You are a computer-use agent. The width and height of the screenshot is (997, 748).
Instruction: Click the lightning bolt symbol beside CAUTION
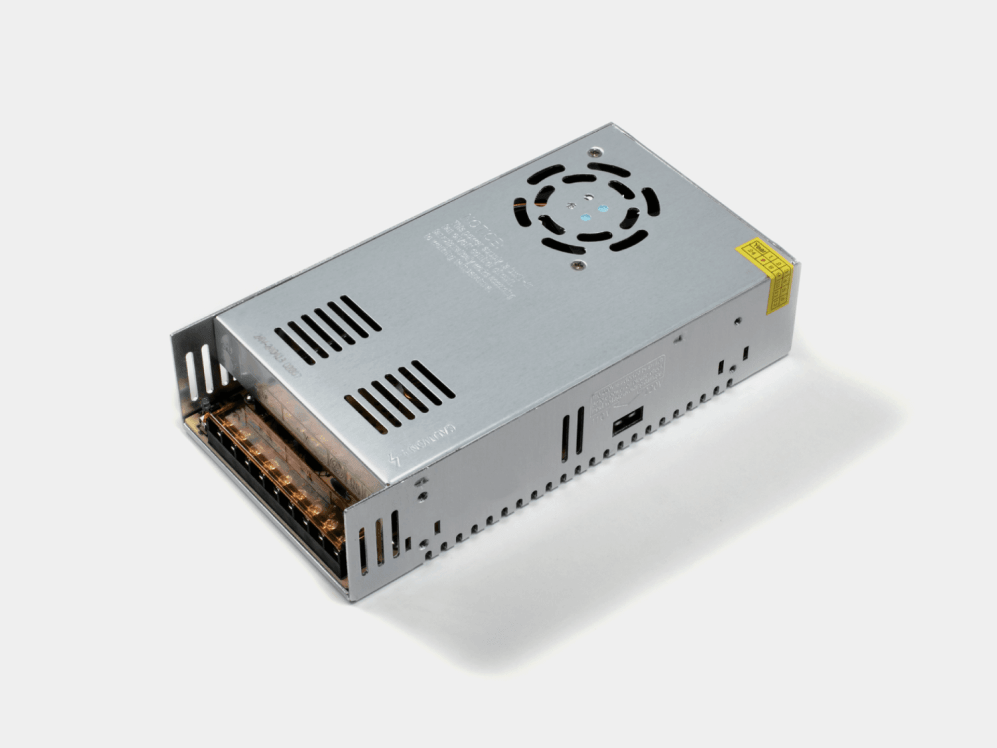397,458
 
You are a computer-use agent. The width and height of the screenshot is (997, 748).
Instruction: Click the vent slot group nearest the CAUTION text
399,396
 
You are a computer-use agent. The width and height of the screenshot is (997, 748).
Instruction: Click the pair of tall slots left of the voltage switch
572,433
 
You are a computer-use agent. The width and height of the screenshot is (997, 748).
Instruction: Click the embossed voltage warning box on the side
627,385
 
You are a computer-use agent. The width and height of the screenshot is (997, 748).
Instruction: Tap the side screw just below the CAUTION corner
421,495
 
